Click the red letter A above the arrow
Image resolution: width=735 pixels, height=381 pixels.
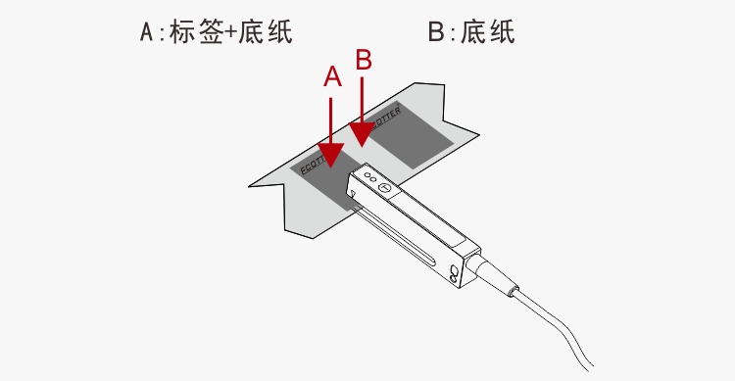pyautogui.click(x=332, y=76)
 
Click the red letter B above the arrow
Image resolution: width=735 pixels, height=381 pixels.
pyautogui.click(x=364, y=60)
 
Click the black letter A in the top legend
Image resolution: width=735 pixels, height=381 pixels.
pyautogui.click(x=147, y=32)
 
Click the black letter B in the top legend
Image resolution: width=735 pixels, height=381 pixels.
pyautogui.click(x=436, y=32)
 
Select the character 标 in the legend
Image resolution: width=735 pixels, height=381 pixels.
pyautogui.click(x=183, y=32)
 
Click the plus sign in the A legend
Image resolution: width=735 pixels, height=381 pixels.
pyautogui.click(x=230, y=33)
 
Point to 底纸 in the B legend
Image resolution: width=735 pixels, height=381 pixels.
pyautogui.click(x=488, y=32)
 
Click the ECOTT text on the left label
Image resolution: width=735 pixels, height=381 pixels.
pyautogui.click(x=313, y=164)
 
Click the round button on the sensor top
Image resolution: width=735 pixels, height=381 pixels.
pyautogui.click(x=384, y=188)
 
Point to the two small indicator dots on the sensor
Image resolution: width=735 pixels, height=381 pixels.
pyautogui.click(x=370, y=177)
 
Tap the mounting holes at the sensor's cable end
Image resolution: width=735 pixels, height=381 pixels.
pyautogui.click(x=454, y=274)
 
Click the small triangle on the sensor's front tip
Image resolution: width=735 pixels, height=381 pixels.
pyautogui.click(x=352, y=194)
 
